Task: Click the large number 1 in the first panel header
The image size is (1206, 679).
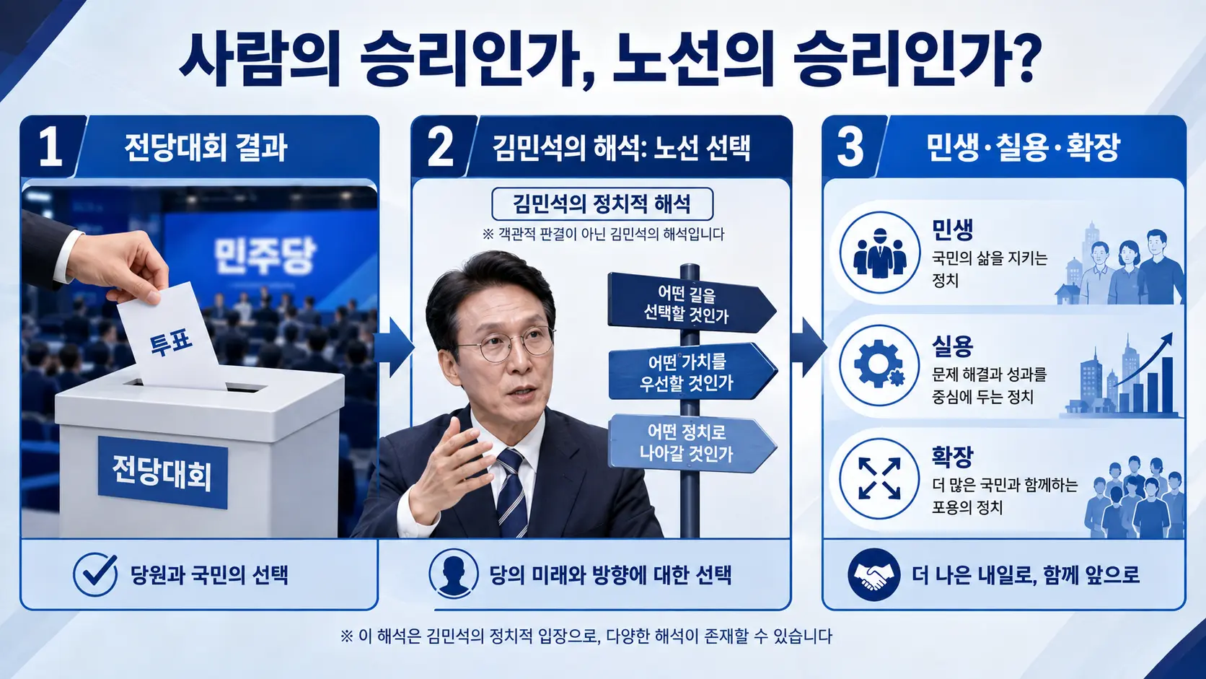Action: click(x=50, y=147)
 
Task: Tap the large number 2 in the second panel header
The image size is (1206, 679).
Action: click(x=441, y=147)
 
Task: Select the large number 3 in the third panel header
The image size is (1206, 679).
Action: click(x=850, y=147)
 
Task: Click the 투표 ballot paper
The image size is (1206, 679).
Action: click(x=171, y=336)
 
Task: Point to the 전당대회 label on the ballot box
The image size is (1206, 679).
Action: click(x=162, y=473)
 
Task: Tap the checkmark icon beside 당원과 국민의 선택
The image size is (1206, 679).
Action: click(x=95, y=574)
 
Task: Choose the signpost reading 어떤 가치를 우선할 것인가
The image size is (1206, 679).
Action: click(x=692, y=372)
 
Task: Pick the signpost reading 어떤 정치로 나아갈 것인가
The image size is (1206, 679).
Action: click(x=692, y=443)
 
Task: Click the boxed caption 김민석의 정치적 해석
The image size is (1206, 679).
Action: click(x=602, y=204)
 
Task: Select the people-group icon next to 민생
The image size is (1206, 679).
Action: click(x=880, y=253)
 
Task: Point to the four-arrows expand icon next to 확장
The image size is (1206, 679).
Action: click(x=879, y=478)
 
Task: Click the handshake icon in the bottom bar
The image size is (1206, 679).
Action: click(x=873, y=574)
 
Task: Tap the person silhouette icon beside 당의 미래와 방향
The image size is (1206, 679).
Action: click(x=453, y=574)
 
